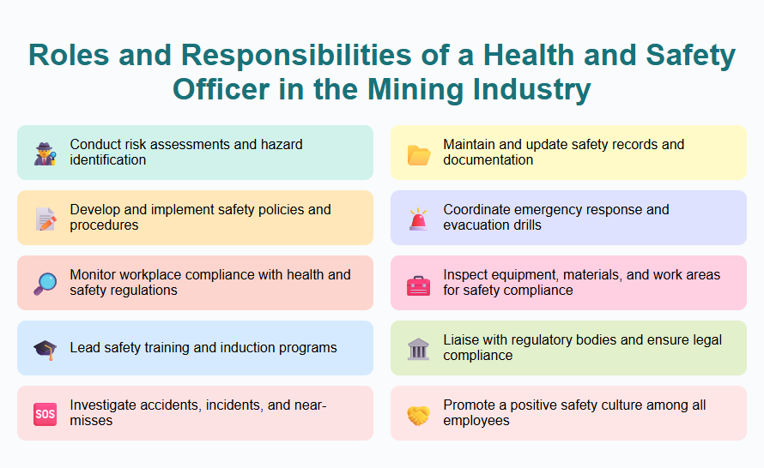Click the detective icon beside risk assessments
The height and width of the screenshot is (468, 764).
coord(45,153)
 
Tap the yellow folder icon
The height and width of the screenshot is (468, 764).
coord(419,153)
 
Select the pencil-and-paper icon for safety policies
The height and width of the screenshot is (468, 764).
coord(45,219)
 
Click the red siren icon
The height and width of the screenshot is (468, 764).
coord(419,219)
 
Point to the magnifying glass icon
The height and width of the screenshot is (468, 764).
coord(45,284)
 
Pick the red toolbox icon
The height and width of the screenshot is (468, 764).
coord(419,284)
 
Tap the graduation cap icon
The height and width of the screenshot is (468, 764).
coord(45,349)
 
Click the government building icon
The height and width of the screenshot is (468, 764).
coord(419,349)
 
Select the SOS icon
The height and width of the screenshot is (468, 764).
coord(45,414)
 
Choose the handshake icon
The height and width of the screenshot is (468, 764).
coord(419,414)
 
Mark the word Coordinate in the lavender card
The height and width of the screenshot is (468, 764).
coord(477,210)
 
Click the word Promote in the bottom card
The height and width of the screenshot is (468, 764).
coord(470,405)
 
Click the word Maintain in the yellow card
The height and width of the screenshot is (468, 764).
coord(471,145)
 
